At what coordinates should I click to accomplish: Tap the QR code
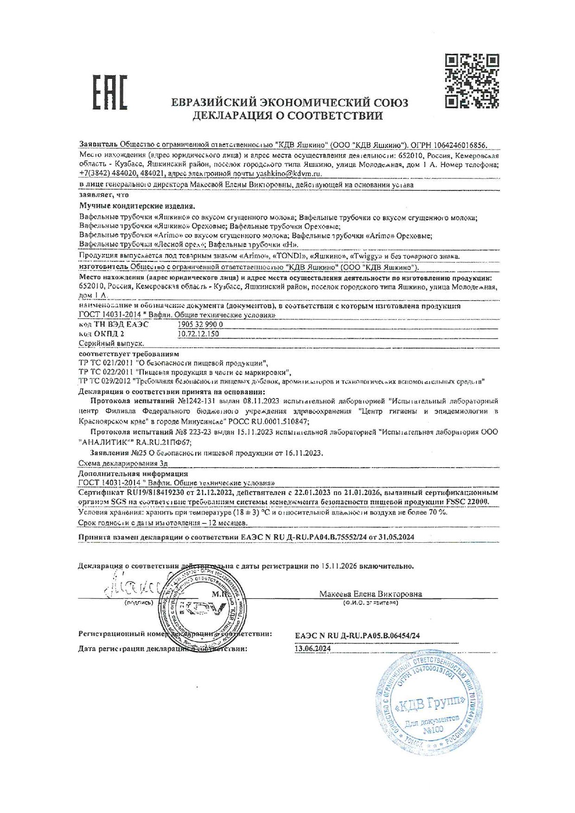472,81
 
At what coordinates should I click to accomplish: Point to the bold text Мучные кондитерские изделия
137,206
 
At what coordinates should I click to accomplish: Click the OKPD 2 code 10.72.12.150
198,334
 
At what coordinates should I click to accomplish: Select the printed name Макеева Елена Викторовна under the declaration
371,594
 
